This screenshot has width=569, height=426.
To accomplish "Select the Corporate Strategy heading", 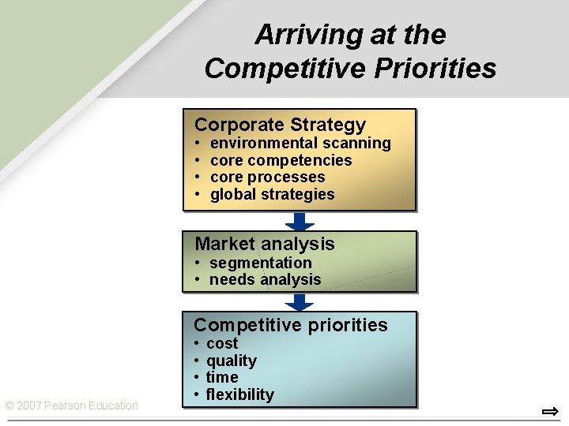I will point(280,125).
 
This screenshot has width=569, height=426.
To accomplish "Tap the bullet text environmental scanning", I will point(300,144).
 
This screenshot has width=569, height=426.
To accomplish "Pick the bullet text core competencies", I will point(281,161).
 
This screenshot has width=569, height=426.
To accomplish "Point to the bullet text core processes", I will point(267,177).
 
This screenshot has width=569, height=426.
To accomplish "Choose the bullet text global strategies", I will point(272,195).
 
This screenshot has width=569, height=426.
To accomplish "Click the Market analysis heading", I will point(265,245).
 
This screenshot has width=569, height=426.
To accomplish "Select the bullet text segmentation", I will point(260,263).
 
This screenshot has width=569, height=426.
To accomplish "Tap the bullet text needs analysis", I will point(265,280).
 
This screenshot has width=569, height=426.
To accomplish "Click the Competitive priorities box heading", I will point(291,325).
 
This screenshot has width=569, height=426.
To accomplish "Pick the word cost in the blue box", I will point(222,344).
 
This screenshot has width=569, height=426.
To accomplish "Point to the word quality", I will point(231,361).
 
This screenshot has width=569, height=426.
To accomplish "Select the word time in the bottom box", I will point(222,378).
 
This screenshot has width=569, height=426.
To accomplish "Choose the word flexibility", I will point(239,395).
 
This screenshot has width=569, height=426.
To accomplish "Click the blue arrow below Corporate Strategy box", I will point(300,221).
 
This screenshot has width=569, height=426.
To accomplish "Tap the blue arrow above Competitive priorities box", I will point(300,302).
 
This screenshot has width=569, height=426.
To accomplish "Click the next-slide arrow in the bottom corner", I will point(550,411).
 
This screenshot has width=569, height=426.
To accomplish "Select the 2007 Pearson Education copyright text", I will point(71,406).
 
